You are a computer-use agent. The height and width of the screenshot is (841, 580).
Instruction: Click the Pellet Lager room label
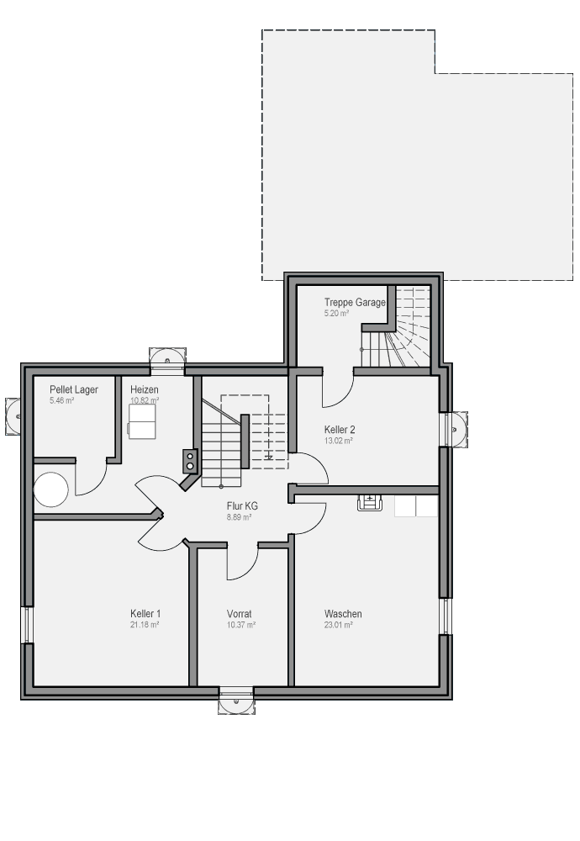click(74, 389)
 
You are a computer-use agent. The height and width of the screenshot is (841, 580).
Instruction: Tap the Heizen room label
click(145, 389)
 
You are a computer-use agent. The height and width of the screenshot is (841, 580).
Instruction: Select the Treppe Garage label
click(355, 303)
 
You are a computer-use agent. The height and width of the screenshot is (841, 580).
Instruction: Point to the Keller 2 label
click(340, 430)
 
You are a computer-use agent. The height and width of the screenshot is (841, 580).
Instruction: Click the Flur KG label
click(242, 505)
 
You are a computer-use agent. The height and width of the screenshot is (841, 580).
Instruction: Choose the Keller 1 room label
click(145, 614)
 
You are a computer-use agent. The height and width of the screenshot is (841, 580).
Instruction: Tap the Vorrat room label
click(239, 614)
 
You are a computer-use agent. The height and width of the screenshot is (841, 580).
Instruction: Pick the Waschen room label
click(343, 614)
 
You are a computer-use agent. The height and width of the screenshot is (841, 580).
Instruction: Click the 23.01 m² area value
click(338, 625)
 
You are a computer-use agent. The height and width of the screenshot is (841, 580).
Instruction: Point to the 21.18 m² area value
click(145, 625)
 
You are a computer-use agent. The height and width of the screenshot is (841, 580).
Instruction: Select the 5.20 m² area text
click(336, 313)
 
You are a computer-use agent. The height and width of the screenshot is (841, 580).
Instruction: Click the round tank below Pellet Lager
click(51, 489)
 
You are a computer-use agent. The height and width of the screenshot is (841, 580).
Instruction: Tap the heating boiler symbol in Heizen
click(142, 421)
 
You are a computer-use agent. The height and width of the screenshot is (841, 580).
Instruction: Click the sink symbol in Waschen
click(370, 503)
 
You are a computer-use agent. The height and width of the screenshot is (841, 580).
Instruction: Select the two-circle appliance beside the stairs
click(190, 461)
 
